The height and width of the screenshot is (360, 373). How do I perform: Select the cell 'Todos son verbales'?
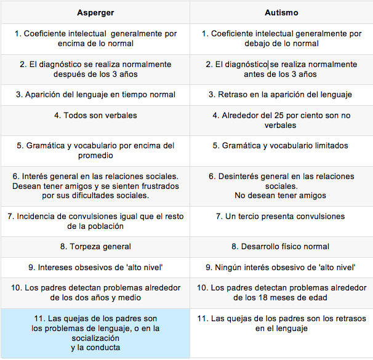(x=95, y=115)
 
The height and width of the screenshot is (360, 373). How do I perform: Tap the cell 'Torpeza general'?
(x=95, y=246)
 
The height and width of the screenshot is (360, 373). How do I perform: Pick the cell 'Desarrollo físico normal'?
(x=281, y=246)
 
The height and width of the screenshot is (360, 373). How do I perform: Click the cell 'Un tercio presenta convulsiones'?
(x=281, y=216)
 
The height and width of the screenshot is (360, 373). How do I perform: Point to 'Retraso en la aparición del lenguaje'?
(x=281, y=95)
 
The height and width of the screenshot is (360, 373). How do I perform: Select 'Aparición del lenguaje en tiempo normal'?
(x=95, y=95)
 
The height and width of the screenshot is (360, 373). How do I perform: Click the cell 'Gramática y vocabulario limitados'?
(x=281, y=146)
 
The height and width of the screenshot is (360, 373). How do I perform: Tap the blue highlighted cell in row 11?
(x=95, y=332)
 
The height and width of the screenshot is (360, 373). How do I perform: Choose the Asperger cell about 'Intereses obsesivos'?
(x=95, y=267)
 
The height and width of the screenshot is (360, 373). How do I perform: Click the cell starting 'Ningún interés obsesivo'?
(x=281, y=267)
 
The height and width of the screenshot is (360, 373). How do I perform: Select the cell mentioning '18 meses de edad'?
(x=281, y=292)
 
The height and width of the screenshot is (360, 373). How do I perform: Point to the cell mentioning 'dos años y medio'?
(x=95, y=292)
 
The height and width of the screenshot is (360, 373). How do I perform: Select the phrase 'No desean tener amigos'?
(x=281, y=196)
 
